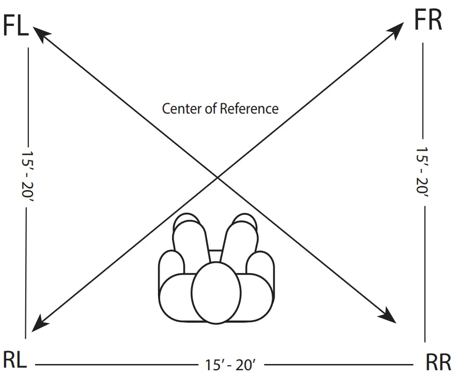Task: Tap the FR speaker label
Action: coord(428,21)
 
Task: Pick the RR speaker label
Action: coord(439,362)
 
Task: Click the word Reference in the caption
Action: coord(249,109)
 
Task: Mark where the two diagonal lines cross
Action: coord(217,178)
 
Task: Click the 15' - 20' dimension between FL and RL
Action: coord(25,175)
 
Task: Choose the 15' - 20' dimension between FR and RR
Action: coord(423,171)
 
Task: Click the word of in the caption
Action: coord(211,109)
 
